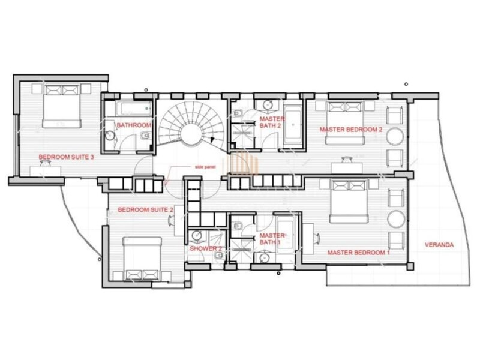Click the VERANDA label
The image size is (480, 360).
tap(439, 245)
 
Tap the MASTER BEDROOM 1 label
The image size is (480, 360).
tap(358, 253)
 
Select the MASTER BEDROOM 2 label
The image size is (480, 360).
tap(351, 130)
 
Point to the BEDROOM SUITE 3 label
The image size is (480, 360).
tap(66, 157)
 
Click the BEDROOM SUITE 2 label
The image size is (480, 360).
tap(145, 209)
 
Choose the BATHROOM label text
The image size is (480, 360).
tap(134, 125)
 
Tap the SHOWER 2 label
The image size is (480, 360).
tap(206, 248)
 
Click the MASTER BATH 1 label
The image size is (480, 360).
tap(272, 239)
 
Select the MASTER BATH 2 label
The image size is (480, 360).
tap(272, 122)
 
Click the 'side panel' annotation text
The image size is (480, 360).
tap(205, 167)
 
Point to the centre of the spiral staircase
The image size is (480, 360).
tap(191, 136)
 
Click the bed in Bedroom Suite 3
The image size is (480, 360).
tap(62, 106)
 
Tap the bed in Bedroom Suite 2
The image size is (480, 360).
tap(142, 259)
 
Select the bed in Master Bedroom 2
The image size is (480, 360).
tap(346, 123)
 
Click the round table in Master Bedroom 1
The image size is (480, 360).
tap(396, 219)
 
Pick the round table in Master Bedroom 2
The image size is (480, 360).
tap(395, 136)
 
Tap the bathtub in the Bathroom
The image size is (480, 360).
tap(134, 109)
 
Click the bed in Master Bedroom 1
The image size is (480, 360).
tap(349, 202)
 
